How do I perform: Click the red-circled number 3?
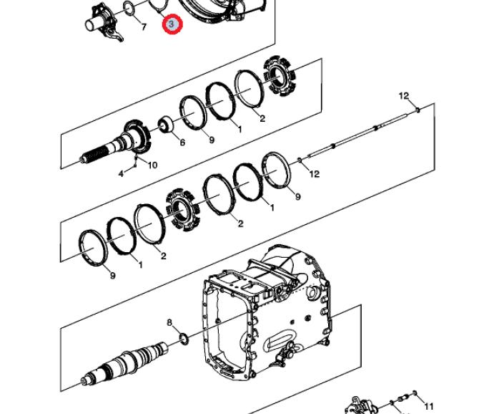pyautogui.click(x=172, y=24)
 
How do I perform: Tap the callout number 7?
pyautogui.click(x=144, y=27)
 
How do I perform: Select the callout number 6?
pyautogui.click(x=182, y=143)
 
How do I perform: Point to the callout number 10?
pyautogui.click(x=152, y=165)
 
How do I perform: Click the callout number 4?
pyautogui.click(x=121, y=174)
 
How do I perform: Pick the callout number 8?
pyautogui.click(x=169, y=322)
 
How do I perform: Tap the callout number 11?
pyautogui.click(x=429, y=406)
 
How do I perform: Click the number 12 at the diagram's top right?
pyautogui.click(x=403, y=96)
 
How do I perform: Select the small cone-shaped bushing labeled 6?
pyautogui.click(x=166, y=124)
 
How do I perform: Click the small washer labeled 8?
pyautogui.click(x=184, y=339)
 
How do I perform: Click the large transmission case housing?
pyautogui.click(x=267, y=312)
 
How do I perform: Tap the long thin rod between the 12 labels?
pyautogui.click(x=357, y=135)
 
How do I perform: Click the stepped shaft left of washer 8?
pyautogui.click(x=125, y=362)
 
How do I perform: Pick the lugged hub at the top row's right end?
pyautogui.click(x=280, y=76)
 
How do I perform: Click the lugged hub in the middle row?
pyautogui.click(x=182, y=209)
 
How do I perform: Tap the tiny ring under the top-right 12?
pyautogui.click(x=418, y=110)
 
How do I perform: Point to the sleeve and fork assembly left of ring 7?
pyautogui.click(x=104, y=22)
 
